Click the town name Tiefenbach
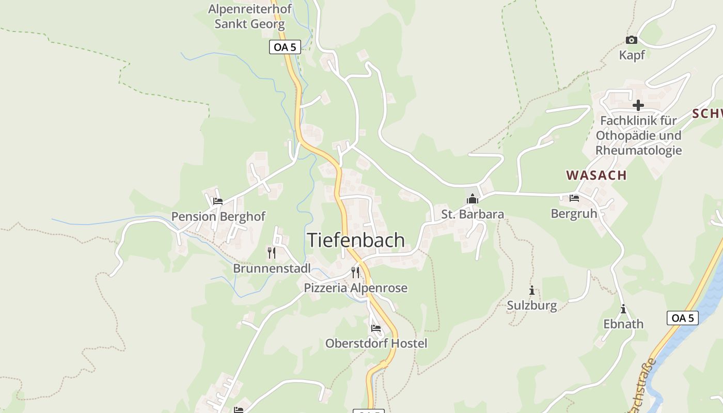tap(356, 240)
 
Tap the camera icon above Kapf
tap(631, 40)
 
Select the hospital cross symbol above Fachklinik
tap(638, 105)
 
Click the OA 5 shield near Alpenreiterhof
tap(285, 47)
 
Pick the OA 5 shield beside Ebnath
tap(683, 318)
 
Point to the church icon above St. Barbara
tap(472, 199)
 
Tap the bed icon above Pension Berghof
tap(217, 201)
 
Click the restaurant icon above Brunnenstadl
tap(272, 252)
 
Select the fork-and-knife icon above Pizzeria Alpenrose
tap(355, 272)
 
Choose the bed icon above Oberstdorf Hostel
tap(375, 328)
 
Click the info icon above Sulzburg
tap(531, 290)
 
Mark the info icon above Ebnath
tap(623, 309)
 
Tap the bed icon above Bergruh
tap(574, 198)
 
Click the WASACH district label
tap(596, 175)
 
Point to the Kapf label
tap(632, 55)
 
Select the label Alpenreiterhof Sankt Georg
tap(250, 17)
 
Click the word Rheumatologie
tap(638, 151)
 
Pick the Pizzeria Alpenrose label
tap(355, 288)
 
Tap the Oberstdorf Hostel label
tap(376, 343)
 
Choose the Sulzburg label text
tap(531, 306)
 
